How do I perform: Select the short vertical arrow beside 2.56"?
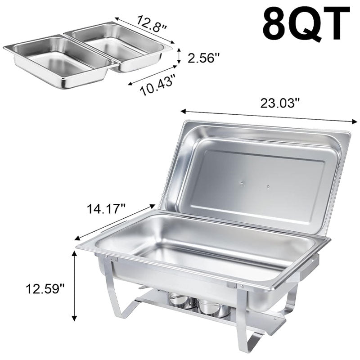(179, 55)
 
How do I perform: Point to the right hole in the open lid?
(268, 186)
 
